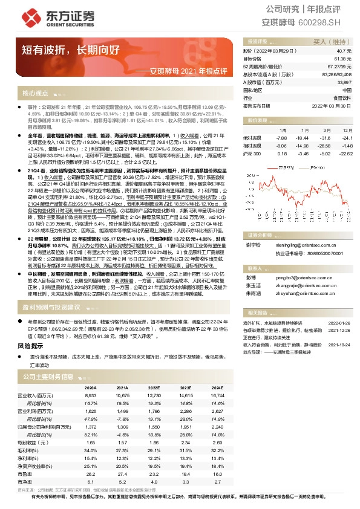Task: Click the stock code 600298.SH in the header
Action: [332, 22]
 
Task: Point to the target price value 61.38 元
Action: [341, 59]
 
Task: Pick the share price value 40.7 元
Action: [344, 52]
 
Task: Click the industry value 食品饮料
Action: [342, 97]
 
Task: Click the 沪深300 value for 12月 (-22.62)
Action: [344, 154]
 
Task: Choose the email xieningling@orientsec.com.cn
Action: [298, 245]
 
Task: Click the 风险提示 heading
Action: [30, 346]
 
